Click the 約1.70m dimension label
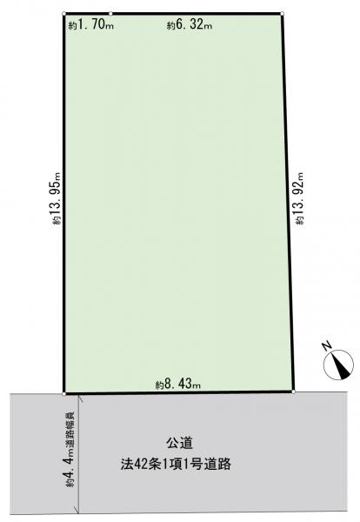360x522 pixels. tap(91, 25)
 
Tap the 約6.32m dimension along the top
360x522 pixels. tap(190, 25)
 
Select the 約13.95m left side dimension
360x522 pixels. tap(57, 198)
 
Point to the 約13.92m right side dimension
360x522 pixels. tap(300, 198)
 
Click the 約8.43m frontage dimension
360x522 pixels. tap(178, 385)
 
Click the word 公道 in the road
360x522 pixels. tap(179, 444)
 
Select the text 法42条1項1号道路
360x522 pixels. tap(176, 464)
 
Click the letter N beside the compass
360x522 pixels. tap(328, 346)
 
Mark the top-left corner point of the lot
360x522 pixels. tap(63, 14)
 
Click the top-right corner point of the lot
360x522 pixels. tap(282, 14)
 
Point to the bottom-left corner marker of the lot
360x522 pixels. tap(63, 394)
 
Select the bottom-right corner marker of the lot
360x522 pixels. tap(293, 391)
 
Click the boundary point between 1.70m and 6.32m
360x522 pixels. tap(110, 14)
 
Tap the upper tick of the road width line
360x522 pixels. tap(78, 397)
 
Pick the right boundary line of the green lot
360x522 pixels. tap(288, 203)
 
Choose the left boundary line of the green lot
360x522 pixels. tap(63, 204)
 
